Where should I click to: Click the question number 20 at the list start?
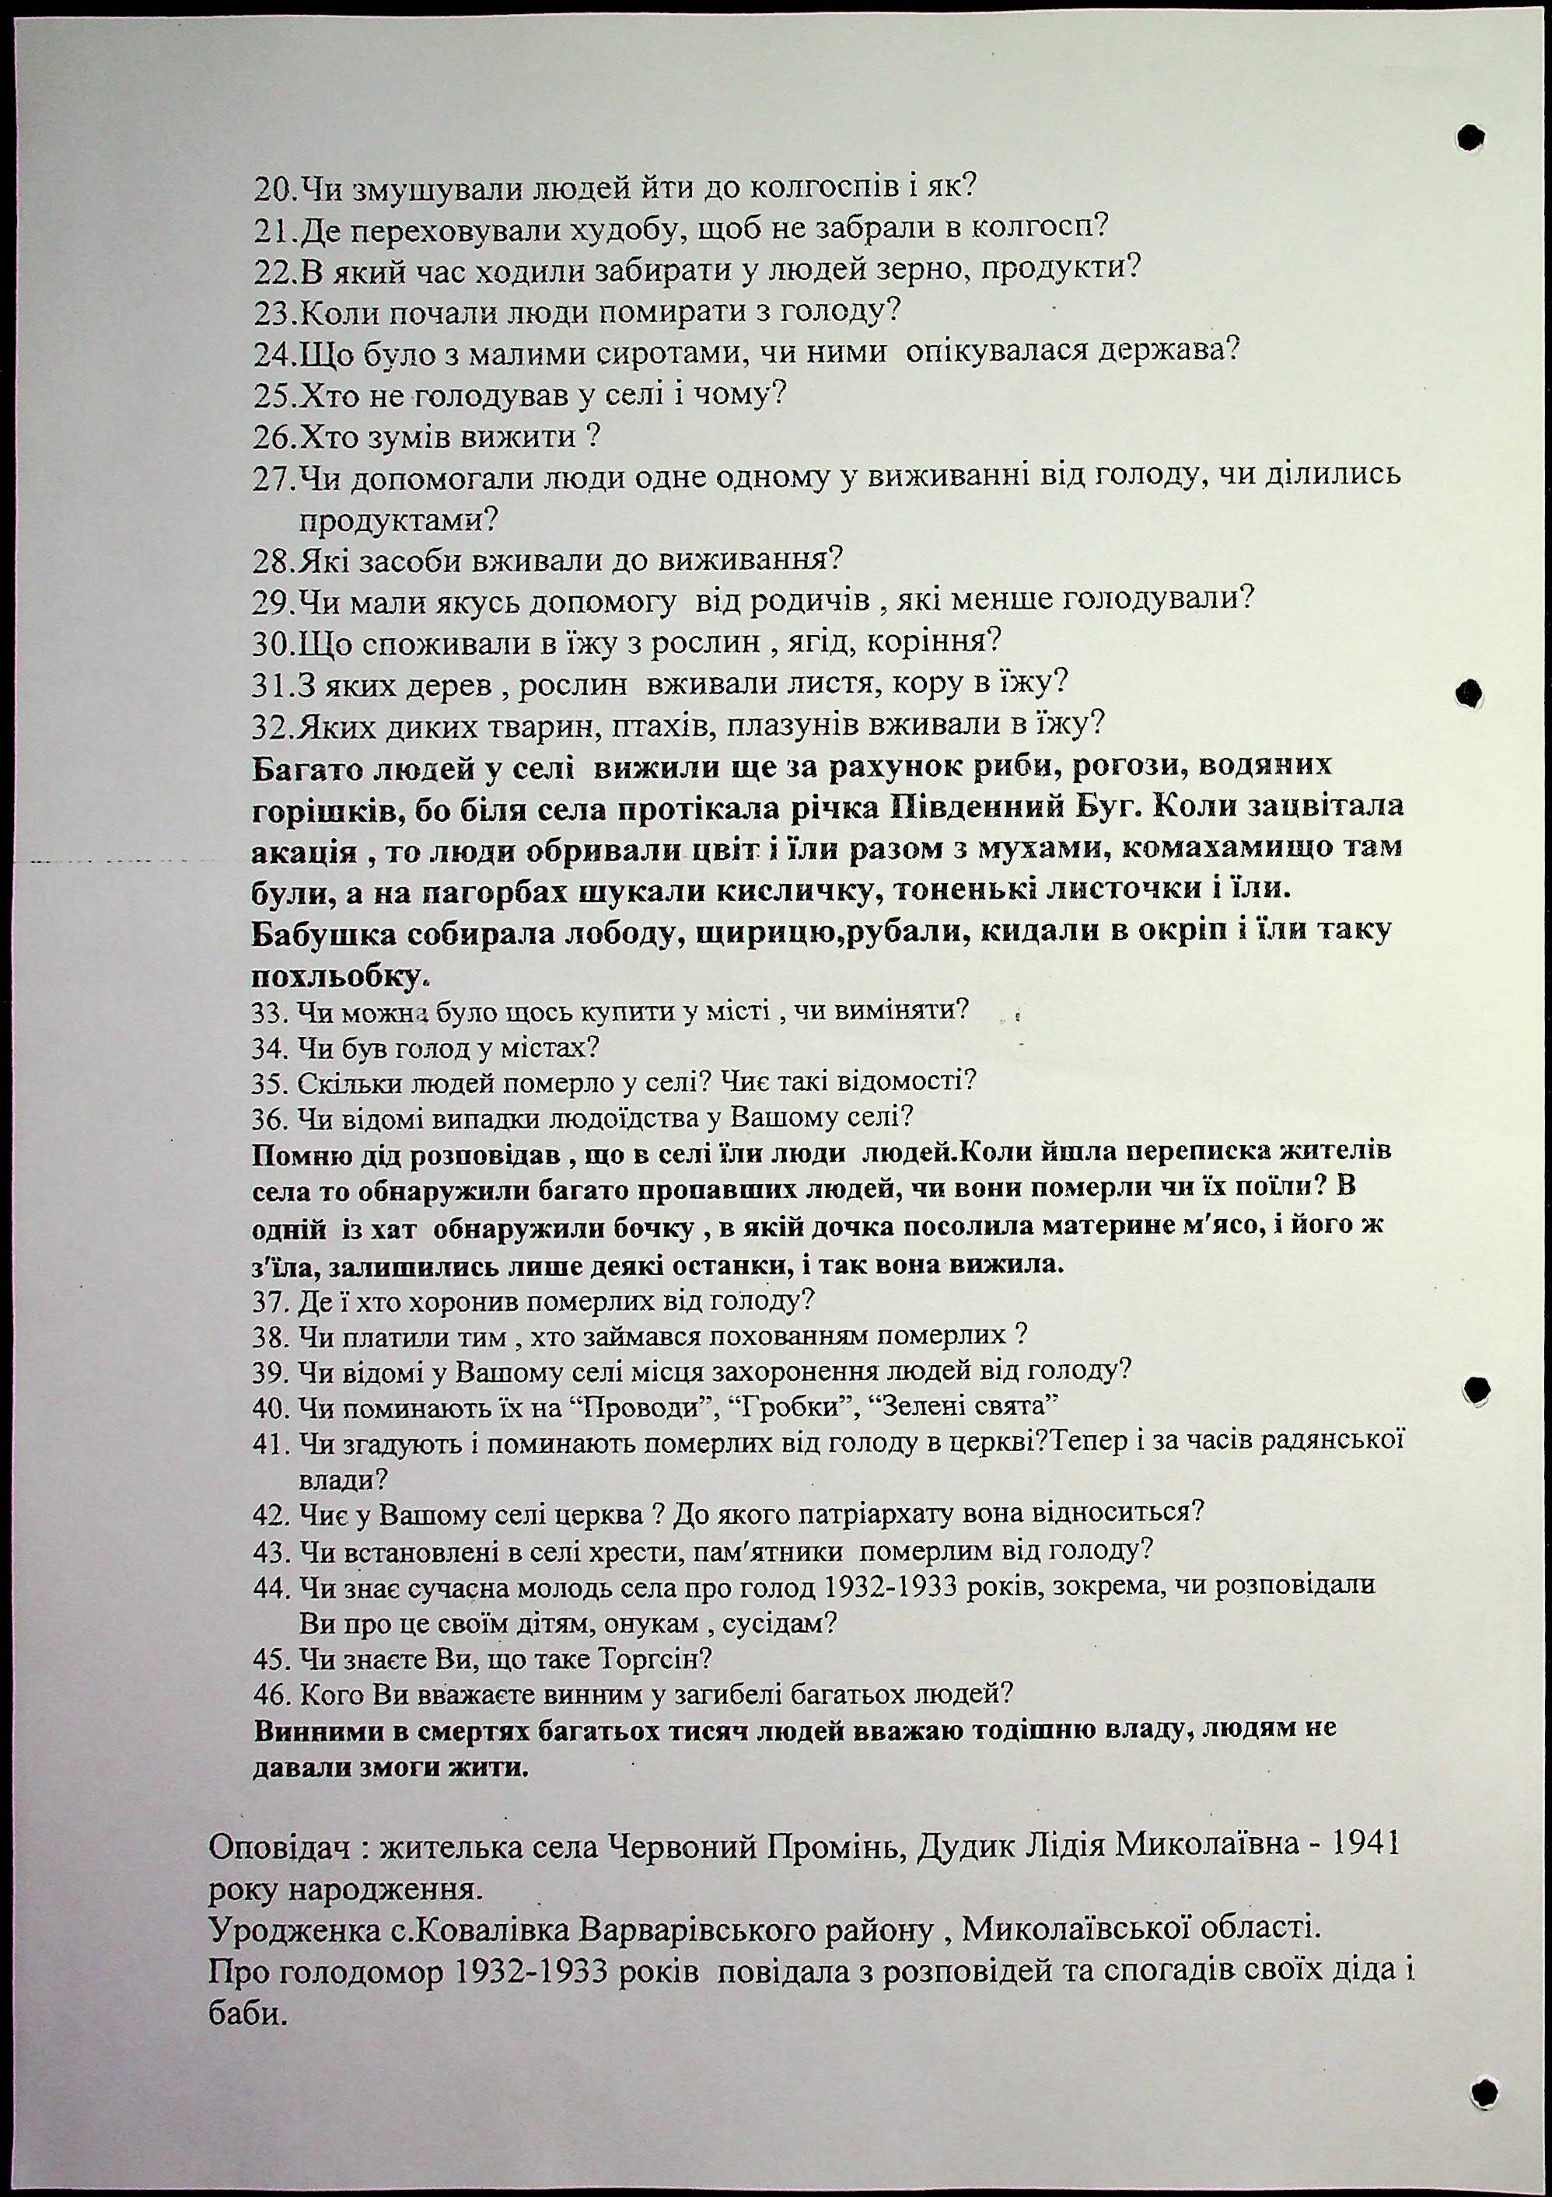pyautogui.click(x=275, y=187)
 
